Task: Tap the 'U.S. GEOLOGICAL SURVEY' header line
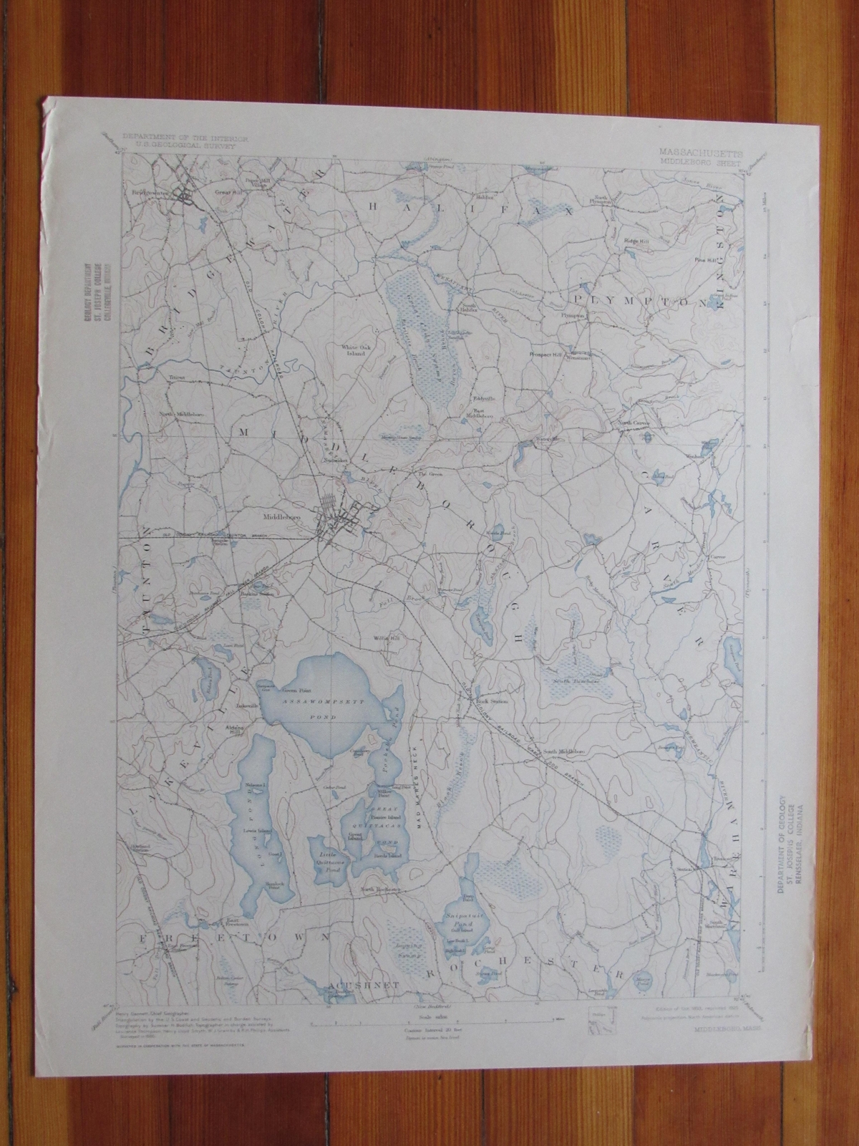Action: pyautogui.click(x=167, y=143)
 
